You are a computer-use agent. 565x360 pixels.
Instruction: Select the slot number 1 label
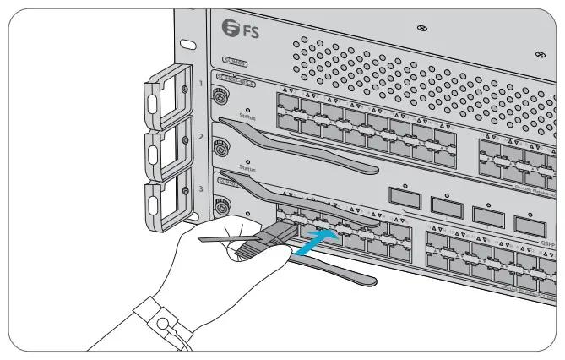click(x=200, y=85)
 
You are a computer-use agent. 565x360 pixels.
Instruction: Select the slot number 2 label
click(x=200, y=136)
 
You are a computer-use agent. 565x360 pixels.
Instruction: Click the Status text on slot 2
click(x=247, y=168)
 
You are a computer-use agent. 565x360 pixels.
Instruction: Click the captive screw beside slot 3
click(x=222, y=206)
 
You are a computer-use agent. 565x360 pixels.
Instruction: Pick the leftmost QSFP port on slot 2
click(x=405, y=197)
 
